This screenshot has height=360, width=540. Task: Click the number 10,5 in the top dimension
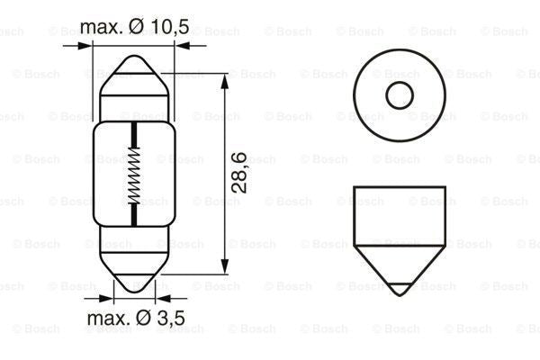coord(167,28)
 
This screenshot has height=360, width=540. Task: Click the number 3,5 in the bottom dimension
coord(169,318)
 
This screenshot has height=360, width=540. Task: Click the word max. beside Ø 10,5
coord(101,28)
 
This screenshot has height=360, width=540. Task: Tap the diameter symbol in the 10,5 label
coord(136,28)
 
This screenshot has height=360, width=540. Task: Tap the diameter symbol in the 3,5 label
coord(143,318)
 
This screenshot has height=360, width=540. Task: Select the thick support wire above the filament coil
coord(134,135)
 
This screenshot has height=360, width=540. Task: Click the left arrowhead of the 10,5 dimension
coord(90,43)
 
